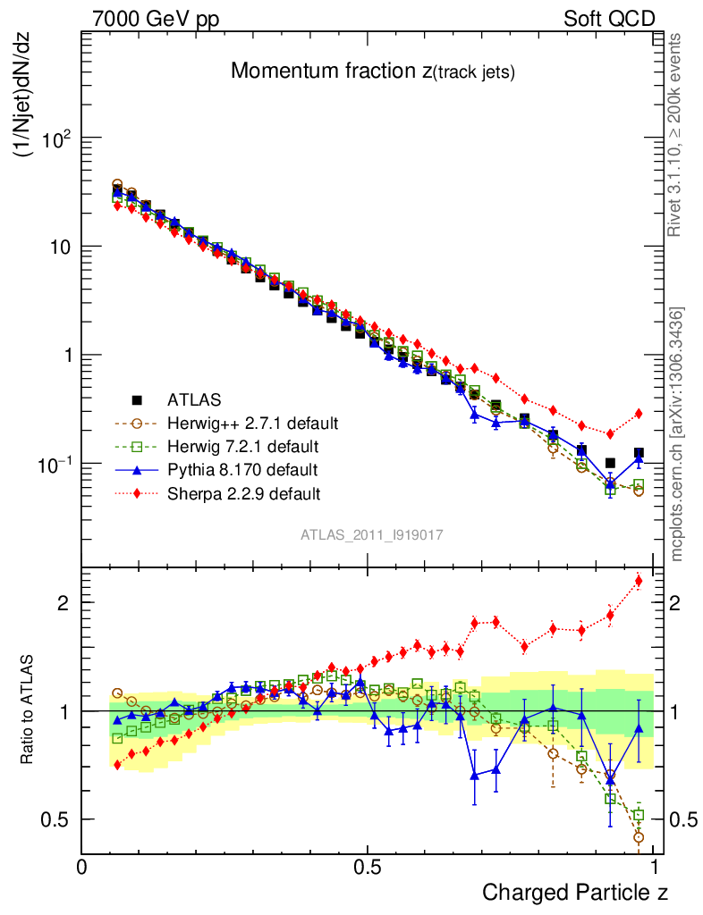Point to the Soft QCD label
point(609,19)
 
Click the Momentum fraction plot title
point(372,72)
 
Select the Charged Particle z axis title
point(575,892)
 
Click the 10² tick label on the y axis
point(53,139)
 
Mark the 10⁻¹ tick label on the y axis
point(51,465)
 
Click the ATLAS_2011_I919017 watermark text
point(371,534)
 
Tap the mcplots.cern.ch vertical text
point(677,433)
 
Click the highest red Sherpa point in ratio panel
point(638,582)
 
